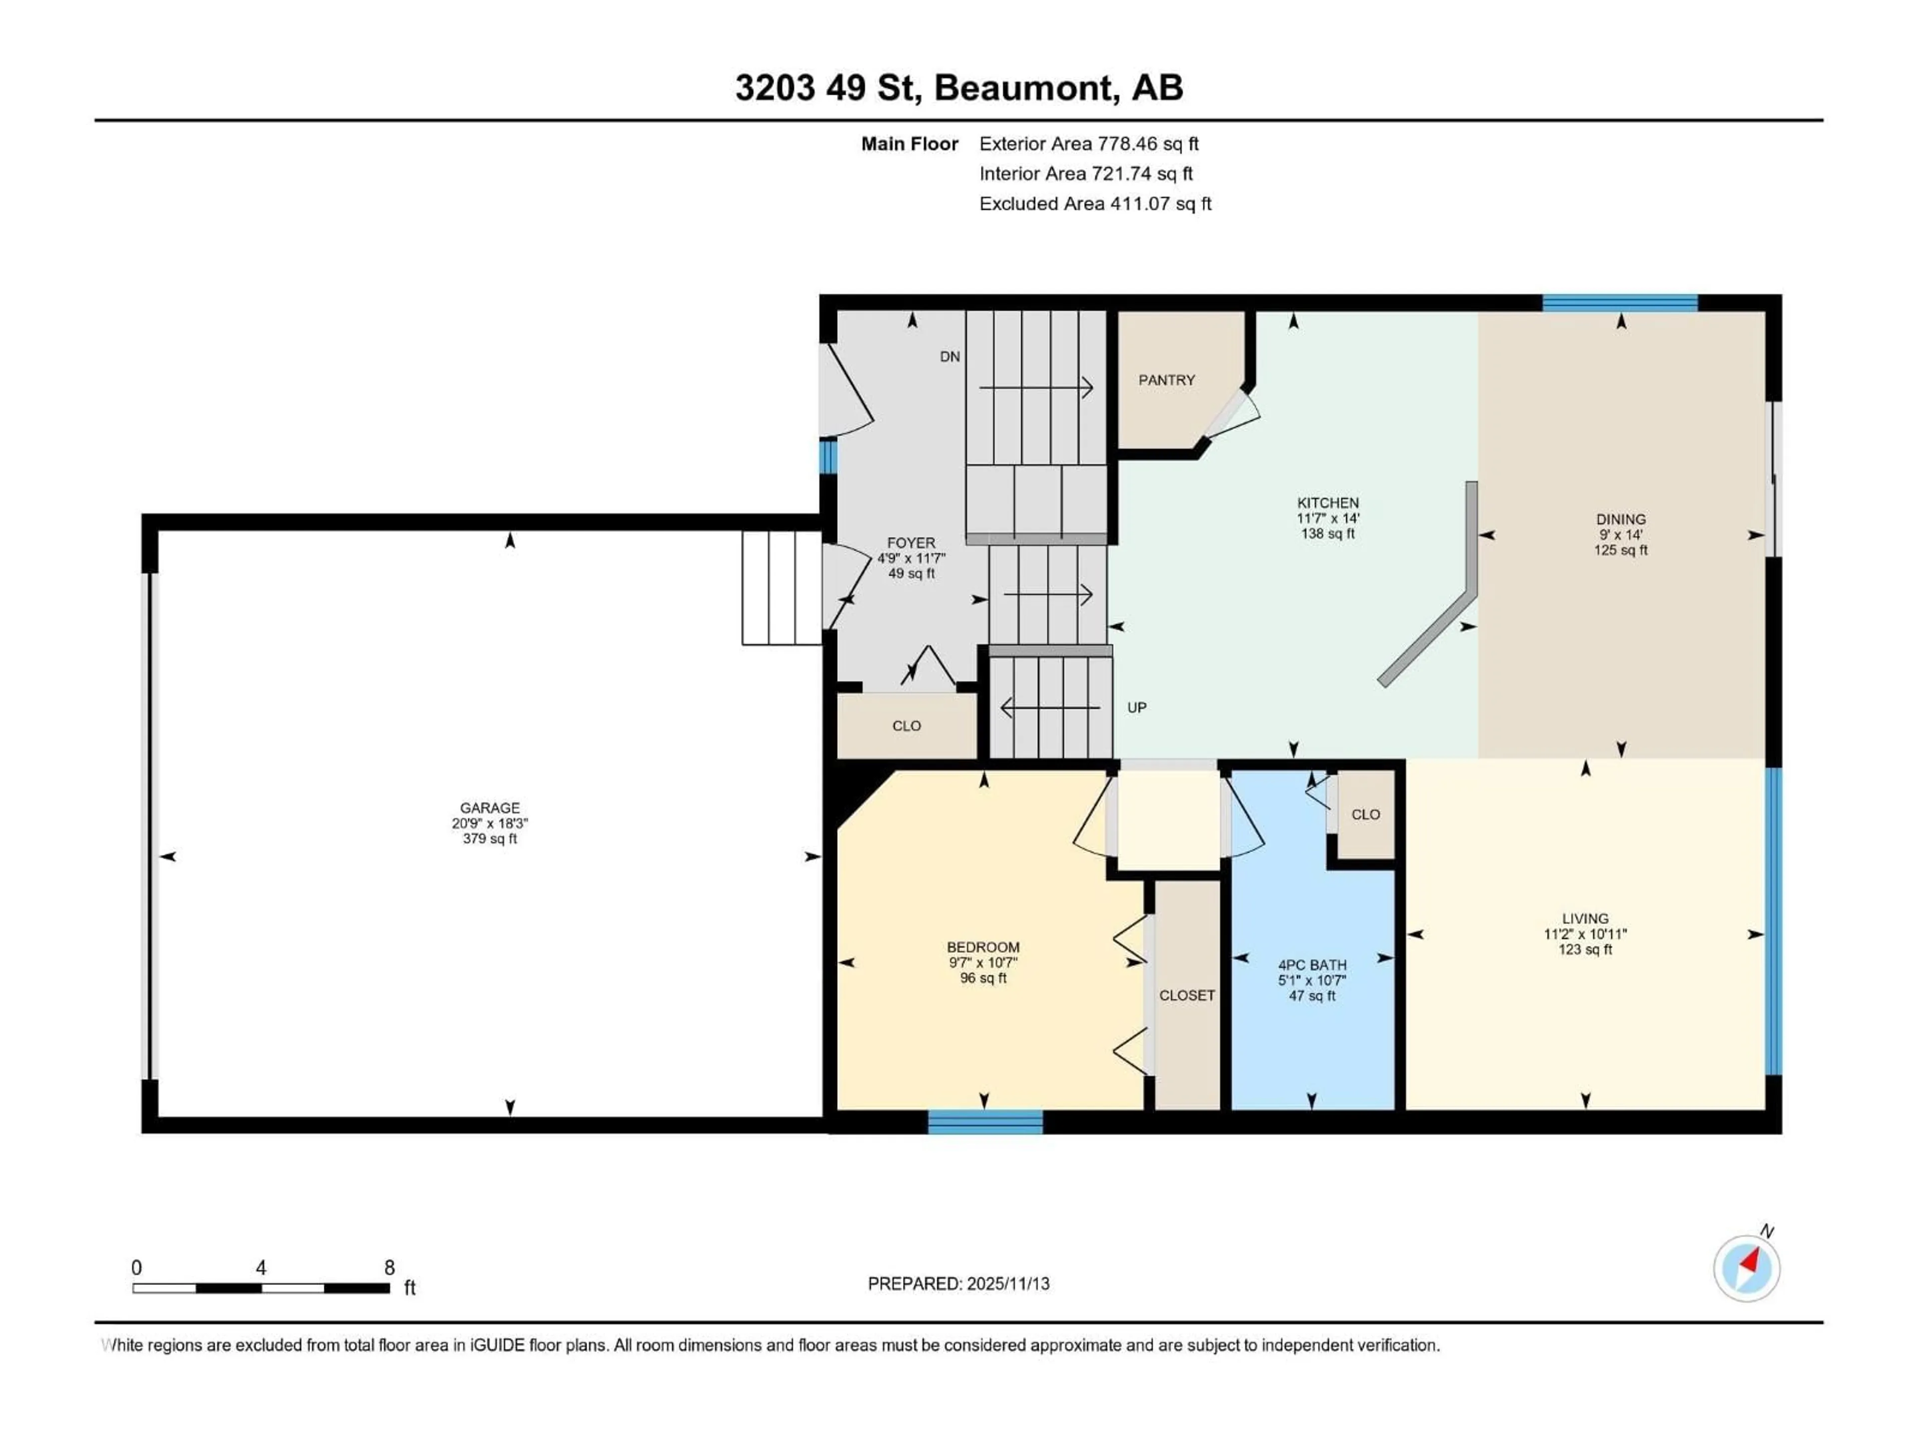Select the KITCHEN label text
1327,502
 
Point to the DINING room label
1620,519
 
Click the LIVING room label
1585,918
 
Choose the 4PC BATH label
1312,964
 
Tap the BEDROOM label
983,947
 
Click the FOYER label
911,542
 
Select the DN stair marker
950,356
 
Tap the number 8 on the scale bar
389,1267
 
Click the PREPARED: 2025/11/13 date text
959,1284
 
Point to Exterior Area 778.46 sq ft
1089,144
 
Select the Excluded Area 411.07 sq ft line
1095,204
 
